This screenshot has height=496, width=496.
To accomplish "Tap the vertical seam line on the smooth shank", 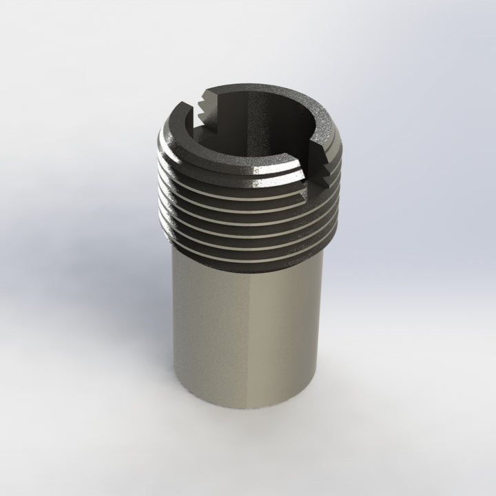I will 253,338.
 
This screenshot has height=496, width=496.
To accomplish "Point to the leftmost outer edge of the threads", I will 158,179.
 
